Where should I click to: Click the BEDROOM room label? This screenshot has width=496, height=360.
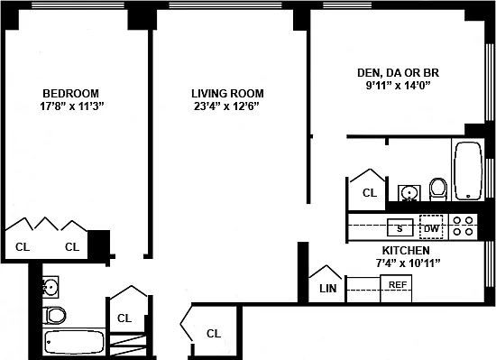(71, 94)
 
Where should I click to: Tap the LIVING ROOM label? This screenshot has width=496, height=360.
(227, 94)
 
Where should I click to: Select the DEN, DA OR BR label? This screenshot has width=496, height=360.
(399, 73)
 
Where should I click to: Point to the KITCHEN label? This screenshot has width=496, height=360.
(406, 251)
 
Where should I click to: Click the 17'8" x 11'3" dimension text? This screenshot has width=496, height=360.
(72, 106)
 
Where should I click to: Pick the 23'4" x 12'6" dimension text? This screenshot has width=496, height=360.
(226, 106)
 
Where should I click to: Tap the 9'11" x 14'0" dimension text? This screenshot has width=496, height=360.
(399, 86)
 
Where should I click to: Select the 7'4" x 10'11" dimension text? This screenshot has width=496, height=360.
(408, 263)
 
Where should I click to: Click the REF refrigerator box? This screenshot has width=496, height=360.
(396, 288)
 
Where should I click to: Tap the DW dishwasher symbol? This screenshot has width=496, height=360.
(431, 227)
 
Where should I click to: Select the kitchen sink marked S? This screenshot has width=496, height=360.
(400, 227)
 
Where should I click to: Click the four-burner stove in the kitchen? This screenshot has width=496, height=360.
(463, 226)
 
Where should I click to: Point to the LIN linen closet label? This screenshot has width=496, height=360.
(328, 289)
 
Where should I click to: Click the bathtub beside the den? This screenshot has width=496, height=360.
(468, 171)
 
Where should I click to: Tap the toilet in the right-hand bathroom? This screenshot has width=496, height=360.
(438, 189)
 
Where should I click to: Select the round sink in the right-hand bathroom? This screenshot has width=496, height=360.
(409, 193)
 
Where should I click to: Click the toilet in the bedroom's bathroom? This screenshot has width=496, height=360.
(54, 315)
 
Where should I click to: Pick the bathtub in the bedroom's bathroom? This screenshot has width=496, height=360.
(75, 342)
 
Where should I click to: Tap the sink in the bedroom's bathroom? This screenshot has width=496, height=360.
(51, 287)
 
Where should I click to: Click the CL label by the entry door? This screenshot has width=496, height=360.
(214, 334)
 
